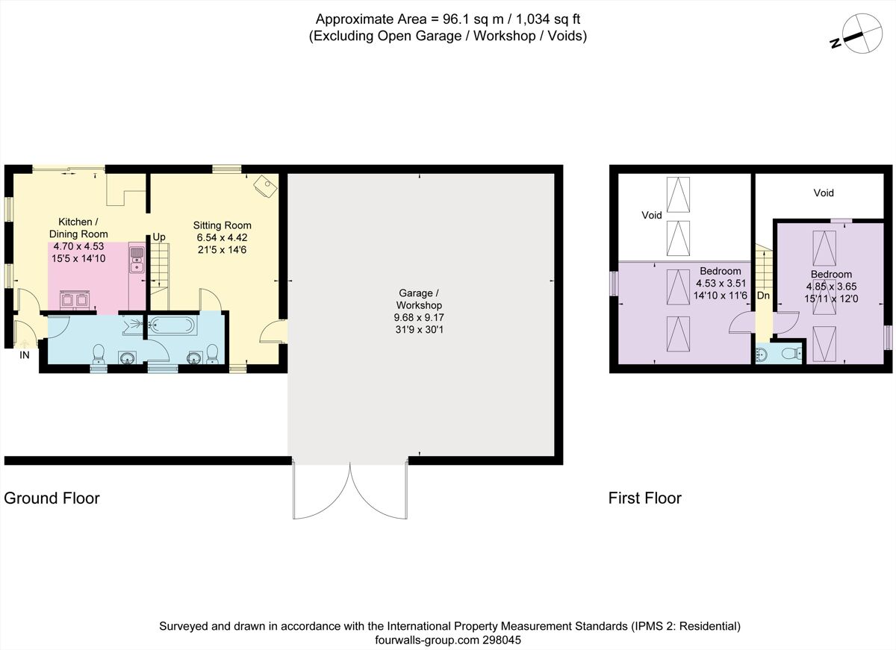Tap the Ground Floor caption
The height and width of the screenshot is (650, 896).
tap(52, 498)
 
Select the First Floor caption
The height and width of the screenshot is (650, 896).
tap(644, 498)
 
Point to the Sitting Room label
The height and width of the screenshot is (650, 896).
tap(222, 225)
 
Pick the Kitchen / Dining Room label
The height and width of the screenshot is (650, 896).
tap(78, 228)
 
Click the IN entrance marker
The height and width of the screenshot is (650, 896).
tap(24, 355)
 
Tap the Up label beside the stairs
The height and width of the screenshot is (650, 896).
tap(159, 237)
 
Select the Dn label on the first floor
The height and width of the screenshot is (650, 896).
tap(763, 296)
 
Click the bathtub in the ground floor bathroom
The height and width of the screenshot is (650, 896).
tap(172, 325)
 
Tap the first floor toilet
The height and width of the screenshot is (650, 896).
tap(762, 354)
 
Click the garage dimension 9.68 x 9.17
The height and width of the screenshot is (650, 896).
tap(419, 318)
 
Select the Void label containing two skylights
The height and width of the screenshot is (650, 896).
tap(652, 215)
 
